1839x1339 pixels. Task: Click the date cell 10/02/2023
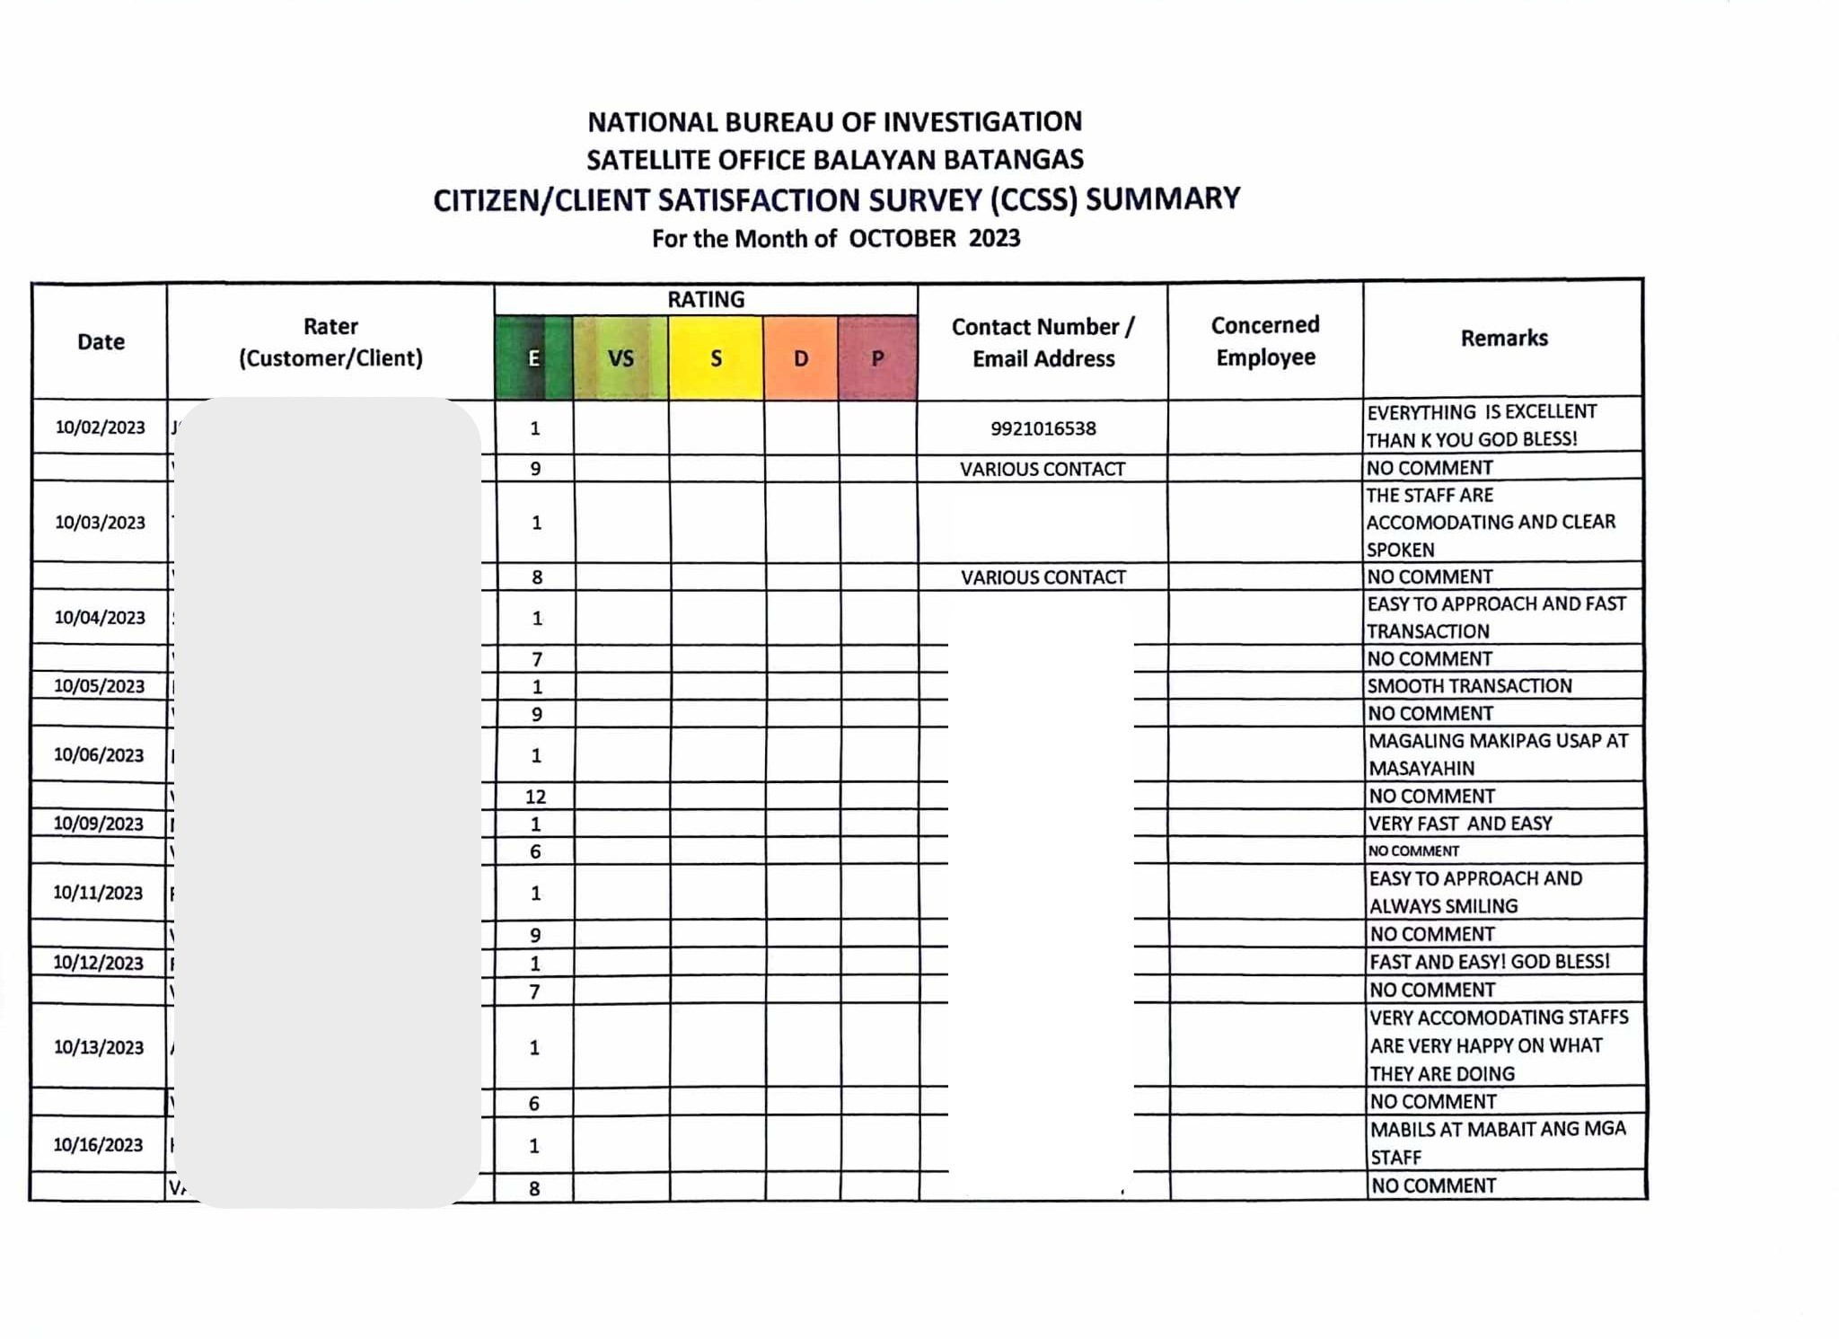[x=100, y=427]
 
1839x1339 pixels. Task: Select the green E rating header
[x=533, y=358]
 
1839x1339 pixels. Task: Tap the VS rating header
[x=620, y=358]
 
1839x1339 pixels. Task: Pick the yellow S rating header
[x=716, y=358]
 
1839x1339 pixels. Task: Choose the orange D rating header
[x=801, y=358]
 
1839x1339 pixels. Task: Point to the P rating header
[x=877, y=358]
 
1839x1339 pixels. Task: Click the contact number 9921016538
[x=1043, y=428]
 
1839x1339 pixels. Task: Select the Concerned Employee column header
[x=1265, y=340]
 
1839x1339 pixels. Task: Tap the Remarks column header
[x=1503, y=338]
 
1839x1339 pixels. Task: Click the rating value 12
[x=535, y=797]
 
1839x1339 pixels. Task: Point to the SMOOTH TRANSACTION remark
[x=1469, y=686]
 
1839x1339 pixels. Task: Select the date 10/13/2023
[x=99, y=1047]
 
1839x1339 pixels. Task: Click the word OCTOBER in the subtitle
[x=902, y=239]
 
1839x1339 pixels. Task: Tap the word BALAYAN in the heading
[x=860, y=160]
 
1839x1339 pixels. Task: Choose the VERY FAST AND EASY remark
[x=1460, y=824]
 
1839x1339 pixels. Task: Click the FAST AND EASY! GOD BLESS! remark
[x=1489, y=962]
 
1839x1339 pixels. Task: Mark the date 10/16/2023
[x=98, y=1145]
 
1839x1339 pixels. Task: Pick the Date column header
[x=101, y=341]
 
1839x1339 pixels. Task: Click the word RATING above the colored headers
[x=705, y=299]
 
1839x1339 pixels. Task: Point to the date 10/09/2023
[x=98, y=824]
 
